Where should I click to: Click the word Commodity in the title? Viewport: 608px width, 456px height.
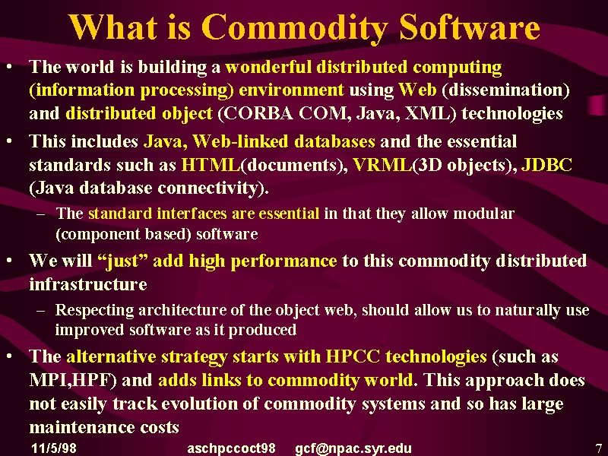(x=295, y=28)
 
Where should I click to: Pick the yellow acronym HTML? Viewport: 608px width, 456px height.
(x=211, y=165)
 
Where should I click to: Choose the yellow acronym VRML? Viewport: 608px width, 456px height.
(x=383, y=165)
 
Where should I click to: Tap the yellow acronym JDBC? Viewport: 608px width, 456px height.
(x=546, y=165)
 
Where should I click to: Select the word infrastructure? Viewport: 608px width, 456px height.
(x=88, y=284)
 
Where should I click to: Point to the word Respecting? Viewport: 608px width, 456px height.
(x=94, y=311)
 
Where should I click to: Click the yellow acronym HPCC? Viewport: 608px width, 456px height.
(x=353, y=356)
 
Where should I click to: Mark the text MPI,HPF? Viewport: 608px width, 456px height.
(x=71, y=380)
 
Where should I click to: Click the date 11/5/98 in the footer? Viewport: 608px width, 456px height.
(x=54, y=448)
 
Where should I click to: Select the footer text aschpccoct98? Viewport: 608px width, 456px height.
(x=232, y=448)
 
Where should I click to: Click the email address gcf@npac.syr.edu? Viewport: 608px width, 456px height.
(x=353, y=448)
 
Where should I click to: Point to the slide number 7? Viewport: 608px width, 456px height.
(x=598, y=448)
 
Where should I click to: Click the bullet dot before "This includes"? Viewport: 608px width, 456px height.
(x=9, y=141)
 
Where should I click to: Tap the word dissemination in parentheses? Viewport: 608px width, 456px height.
(x=505, y=90)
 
